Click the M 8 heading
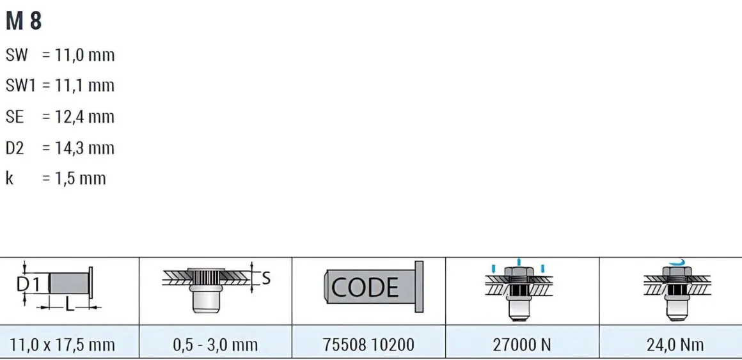(x=24, y=21)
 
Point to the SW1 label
(x=20, y=86)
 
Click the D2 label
(x=15, y=148)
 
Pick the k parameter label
(x=9, y=178)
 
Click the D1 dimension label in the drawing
(x=32, y=283)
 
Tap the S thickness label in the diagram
(x=266, y=278)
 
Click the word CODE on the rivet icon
(x=365, y=287)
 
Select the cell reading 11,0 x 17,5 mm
(x=63, y=345)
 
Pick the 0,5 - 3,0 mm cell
(x=215, y=345)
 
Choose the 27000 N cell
(x=521, y=345)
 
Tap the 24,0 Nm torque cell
(x=675, y=345)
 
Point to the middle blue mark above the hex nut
(x=519, y=262)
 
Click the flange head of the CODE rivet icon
(x=419, y=286)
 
